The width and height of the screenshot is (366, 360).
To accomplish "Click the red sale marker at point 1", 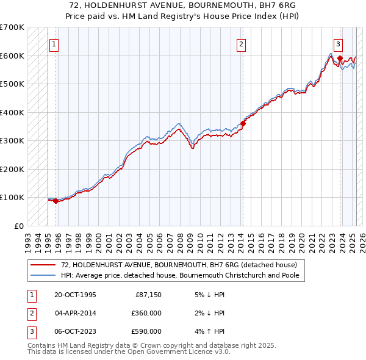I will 56,201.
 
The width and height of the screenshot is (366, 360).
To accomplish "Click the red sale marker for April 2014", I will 243,123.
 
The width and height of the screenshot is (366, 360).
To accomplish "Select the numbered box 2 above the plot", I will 242,43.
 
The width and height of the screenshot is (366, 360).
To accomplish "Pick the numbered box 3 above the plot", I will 338,43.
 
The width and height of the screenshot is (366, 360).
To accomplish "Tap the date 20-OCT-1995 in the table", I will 75,295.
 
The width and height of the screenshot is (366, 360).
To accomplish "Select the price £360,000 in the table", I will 146,313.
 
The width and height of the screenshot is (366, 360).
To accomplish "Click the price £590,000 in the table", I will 146,331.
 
